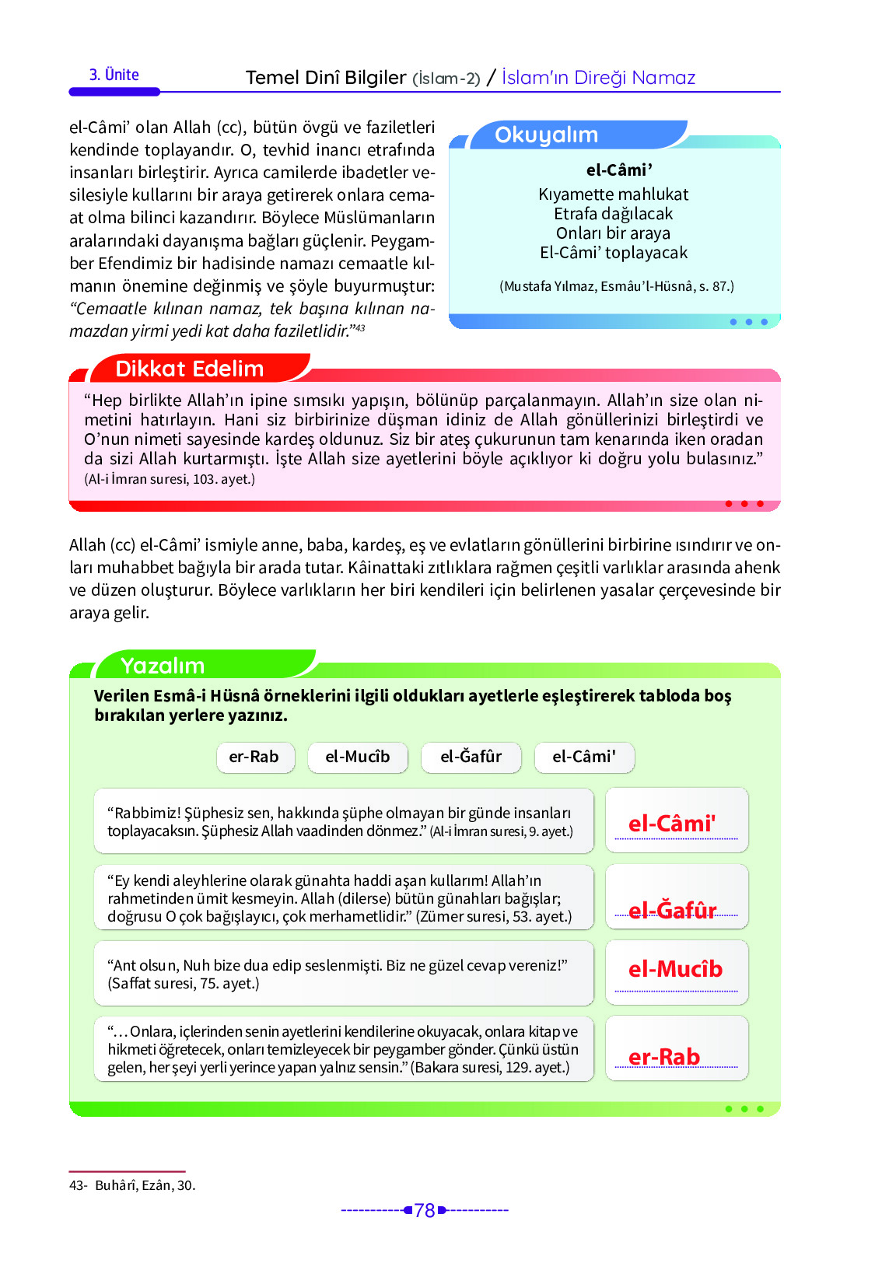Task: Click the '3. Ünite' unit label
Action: coord(114,75)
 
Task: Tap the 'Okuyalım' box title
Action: coord(546,135)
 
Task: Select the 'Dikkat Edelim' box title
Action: coord(189,369)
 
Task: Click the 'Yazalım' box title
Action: coord(163,666)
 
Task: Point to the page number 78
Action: coord(425,1210)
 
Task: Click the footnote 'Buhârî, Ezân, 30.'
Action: coord(145,1185)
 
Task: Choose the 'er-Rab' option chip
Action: coord(254,757)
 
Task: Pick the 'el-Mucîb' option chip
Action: coord(357,757)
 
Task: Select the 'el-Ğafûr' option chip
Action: coord(471,757)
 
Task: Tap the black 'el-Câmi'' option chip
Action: coord(583,757)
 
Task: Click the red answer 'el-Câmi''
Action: coord(672,824)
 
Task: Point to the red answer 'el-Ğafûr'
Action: coord(672,910)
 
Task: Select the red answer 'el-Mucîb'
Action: coord(675,969)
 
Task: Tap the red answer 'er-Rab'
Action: coord(664,1057)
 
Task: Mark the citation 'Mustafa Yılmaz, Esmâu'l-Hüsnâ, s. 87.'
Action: coord(616,286)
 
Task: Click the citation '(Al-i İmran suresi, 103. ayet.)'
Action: coord(170,479)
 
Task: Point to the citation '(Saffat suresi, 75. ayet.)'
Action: coord(184,983)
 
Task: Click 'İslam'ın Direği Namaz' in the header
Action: coord(598,78)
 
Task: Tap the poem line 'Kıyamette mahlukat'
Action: coord(613,194)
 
